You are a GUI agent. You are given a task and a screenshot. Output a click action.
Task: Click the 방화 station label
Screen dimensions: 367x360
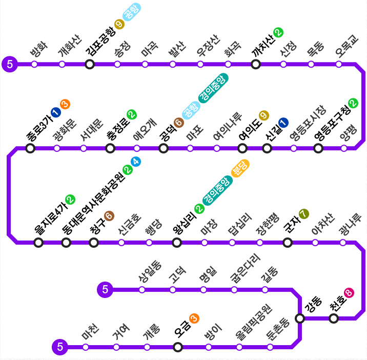tap(39, 49)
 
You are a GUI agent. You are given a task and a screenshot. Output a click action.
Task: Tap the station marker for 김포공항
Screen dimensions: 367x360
tap(90, 64)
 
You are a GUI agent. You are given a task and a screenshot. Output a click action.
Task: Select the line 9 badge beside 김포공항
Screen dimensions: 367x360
tap(119, 24)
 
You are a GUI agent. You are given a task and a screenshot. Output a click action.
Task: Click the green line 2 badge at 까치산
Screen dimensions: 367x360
tap(278, 32)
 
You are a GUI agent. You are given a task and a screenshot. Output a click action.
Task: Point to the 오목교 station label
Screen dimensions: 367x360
tap(346, 46)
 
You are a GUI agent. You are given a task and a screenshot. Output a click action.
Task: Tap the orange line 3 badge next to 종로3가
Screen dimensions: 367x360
tap(65, 104)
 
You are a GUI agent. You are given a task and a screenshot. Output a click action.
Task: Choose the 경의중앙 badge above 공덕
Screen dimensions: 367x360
tap(213, 88)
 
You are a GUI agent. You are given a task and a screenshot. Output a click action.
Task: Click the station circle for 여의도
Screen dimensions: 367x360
tap(242, 148)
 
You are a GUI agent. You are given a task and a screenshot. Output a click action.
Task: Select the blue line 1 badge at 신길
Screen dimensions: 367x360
tap(283, 122)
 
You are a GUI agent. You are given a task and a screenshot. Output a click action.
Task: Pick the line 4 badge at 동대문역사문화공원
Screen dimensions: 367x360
tap(136, 162)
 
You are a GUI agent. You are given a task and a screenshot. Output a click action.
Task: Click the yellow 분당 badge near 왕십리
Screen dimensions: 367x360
tap(240, 168)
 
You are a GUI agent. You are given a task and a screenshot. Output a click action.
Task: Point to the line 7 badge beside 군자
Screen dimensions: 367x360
tap(304, 214)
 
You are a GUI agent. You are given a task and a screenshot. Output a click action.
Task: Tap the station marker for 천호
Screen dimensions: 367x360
tap(334, 318)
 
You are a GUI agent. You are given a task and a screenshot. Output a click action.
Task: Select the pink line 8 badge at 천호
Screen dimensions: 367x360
tap(349, 293)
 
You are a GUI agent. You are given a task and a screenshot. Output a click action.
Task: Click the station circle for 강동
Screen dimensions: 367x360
tap(300, 318)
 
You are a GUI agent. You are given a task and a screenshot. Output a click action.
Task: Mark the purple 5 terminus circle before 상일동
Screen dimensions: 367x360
tap(105, 290)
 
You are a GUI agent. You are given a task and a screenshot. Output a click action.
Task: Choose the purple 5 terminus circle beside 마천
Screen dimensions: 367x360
tap(59, 347)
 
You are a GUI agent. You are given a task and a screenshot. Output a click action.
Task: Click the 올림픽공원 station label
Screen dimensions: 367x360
tap(254, 322)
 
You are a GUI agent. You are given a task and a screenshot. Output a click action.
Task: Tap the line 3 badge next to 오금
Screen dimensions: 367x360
tap(194, 318)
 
